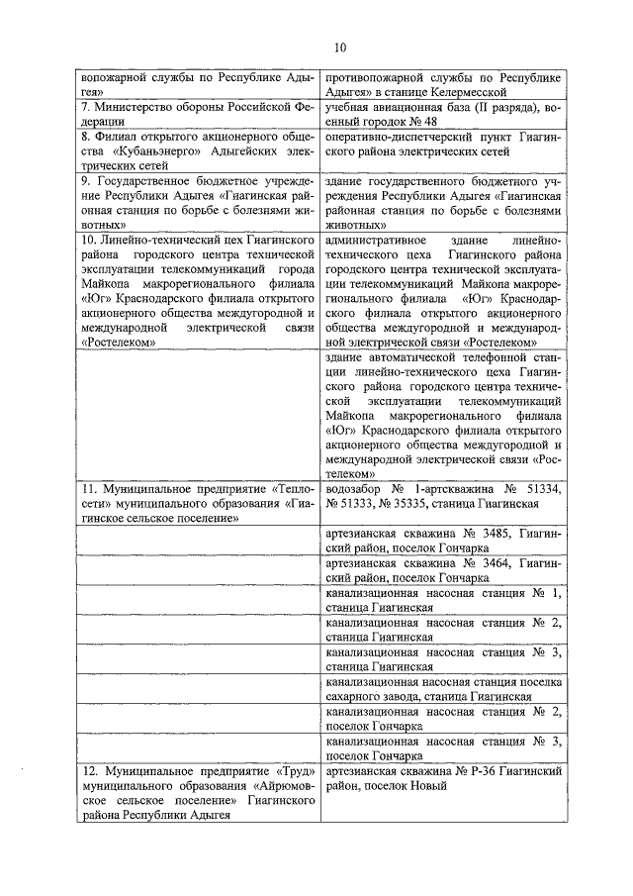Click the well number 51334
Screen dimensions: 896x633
(541, 489)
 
